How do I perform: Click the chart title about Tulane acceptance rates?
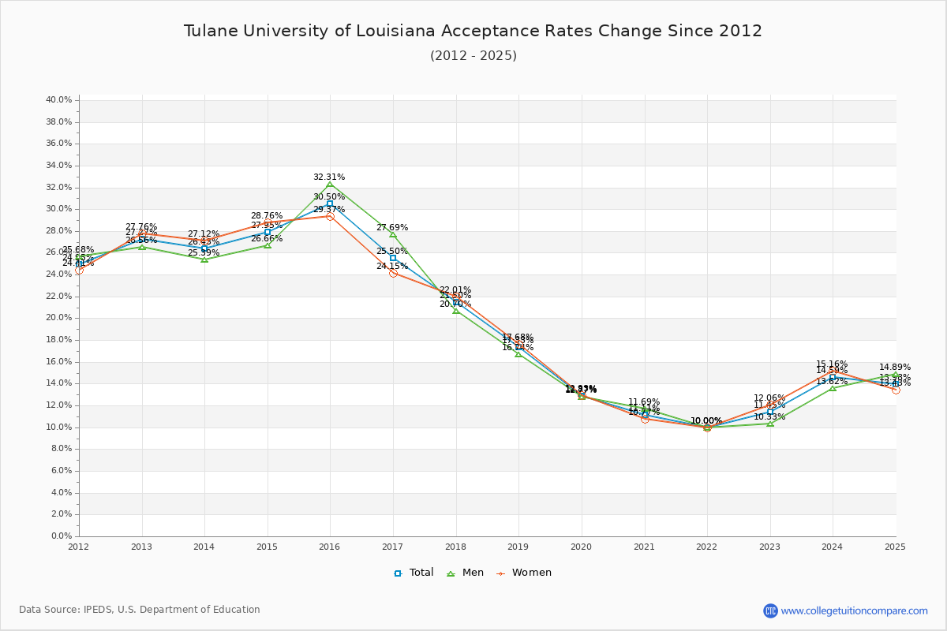[x=473, y=32]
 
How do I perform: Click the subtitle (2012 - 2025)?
[x=473, y=56]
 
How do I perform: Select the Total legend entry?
[x=414, y=573]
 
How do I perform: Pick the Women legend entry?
[x=525, y=573]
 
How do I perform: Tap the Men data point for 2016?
[x=330, y=185]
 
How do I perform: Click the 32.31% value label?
[x=329, y=177]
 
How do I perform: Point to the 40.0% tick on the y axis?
[x=59, y=100]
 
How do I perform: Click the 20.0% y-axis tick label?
[x=59, y=318]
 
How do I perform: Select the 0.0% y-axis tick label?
[x=62, y=536]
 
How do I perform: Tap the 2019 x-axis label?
[x=518, y=547]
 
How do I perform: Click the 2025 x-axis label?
[x=895, y=547]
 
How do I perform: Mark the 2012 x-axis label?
[x=79, y=547]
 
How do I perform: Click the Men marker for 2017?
[x=393, y=234]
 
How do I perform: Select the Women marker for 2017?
[x=393, y=273]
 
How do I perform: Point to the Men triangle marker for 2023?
[x=770, y=424]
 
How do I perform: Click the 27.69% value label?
[x=392, y=228]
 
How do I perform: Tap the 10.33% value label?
[x=769, y=416]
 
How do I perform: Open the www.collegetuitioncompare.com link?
[x=854, y=610]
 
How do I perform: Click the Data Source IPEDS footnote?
[x=140, y=610]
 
